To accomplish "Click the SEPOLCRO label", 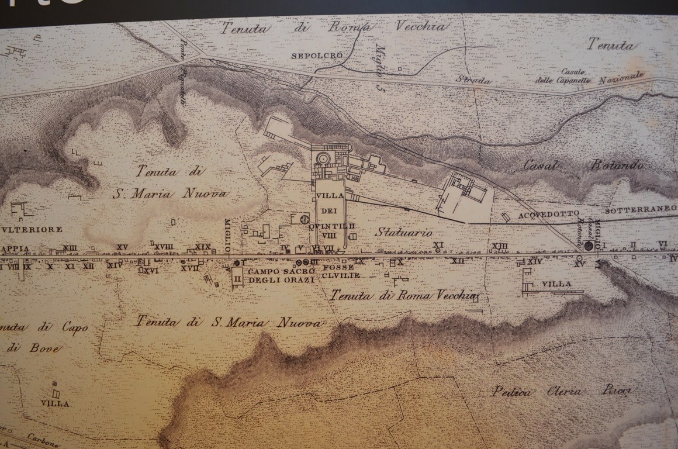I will [x=308, y=56].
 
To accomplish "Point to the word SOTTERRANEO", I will [x=641, y=209].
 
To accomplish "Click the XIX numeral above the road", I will [x=203, y=247].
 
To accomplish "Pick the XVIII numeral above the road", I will [x=164, y=247].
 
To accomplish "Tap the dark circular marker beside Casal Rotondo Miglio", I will [x=589, y=246].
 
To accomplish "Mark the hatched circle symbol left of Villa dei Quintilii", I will [x=303, y=220].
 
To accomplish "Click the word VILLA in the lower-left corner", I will [x=56, y=403].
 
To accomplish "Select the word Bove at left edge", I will [x=33, y=347].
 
